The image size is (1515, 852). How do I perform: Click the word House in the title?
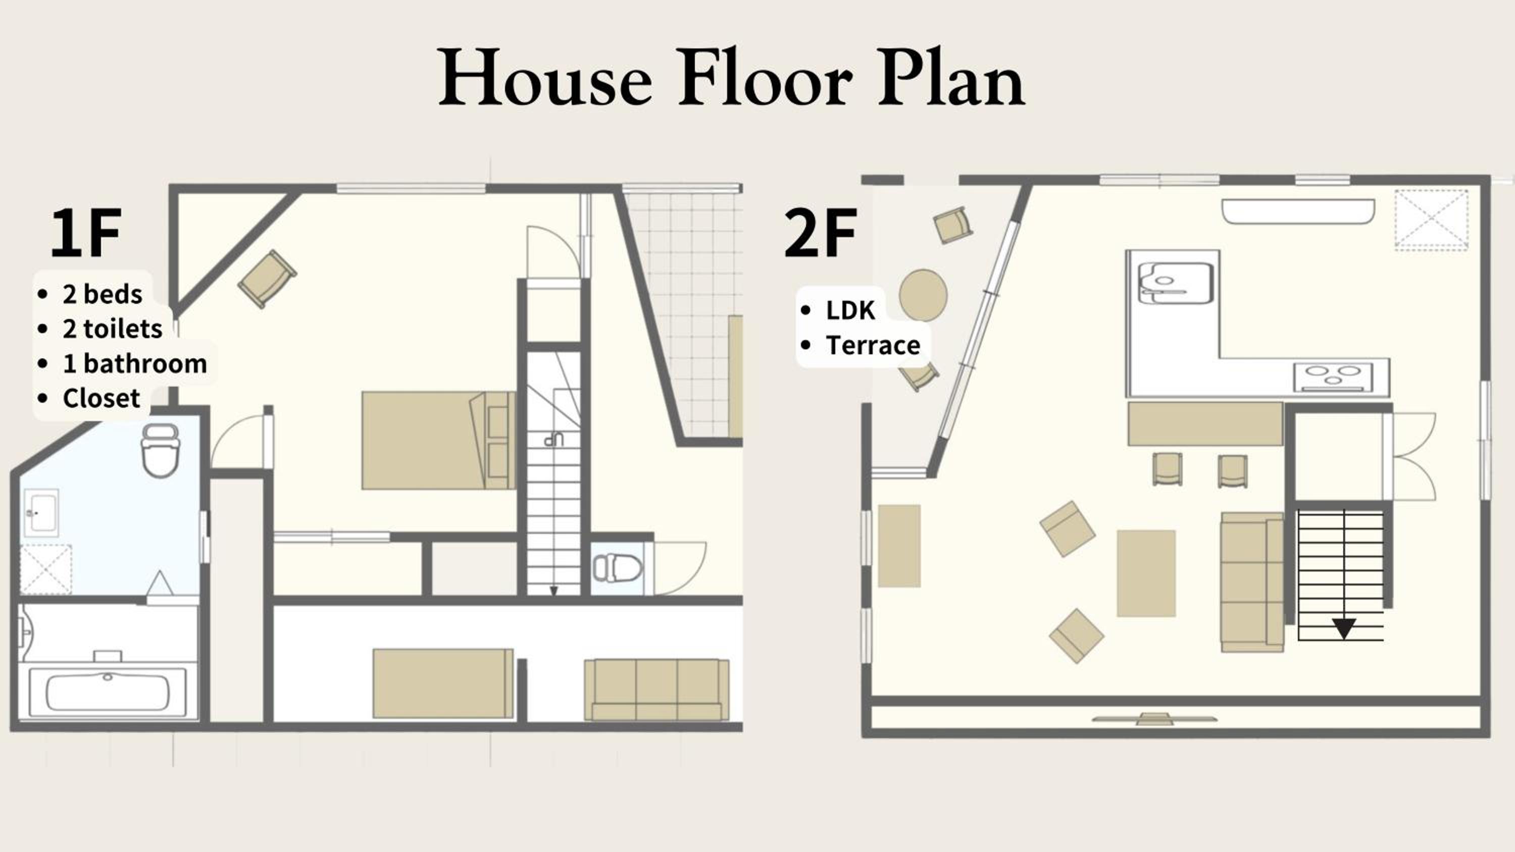click(x=545, y=78)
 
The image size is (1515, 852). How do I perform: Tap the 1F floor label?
click(x=86, y=233)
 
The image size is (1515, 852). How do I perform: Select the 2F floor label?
click(x=821, y=233)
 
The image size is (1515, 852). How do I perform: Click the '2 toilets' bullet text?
click(x=112, y=329)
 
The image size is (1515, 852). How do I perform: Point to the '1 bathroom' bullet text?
click(x=135, y=363)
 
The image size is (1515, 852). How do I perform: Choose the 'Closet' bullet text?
click(x=101, y=398)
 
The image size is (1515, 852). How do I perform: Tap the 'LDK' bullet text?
click(x=850, y=310)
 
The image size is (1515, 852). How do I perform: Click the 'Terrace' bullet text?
click(x=873, y=345)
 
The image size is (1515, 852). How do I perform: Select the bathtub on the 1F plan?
click(x=108, y=691)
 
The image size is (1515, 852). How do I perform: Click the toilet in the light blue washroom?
click(x=160, y=450)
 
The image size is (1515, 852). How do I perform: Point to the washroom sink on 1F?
click(x=41, y=513)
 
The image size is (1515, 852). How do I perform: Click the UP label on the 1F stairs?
click(x=554, y=440)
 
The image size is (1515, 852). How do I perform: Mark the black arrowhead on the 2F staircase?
click(x=1344, y=628)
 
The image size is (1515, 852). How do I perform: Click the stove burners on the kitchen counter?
click(x=1333, y=377)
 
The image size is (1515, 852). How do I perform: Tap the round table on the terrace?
click(x=923, y=295)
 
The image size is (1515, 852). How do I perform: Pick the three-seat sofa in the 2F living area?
click(x=1252, y=581)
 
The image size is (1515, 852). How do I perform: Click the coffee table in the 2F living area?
click(x=1146, y=573)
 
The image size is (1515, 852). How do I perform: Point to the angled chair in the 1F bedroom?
click(x=267, y=279)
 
